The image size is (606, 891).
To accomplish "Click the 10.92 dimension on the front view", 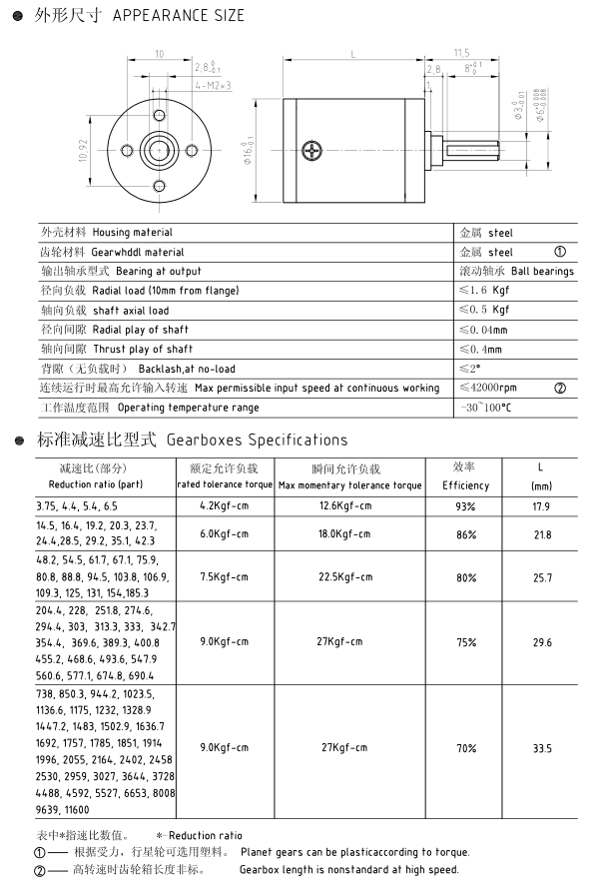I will [83, 151].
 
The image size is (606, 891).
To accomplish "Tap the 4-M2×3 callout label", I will [214, 86].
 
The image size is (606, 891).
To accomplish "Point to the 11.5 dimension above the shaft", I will [460, 53].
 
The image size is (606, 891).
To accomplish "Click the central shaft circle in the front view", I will [159, 151].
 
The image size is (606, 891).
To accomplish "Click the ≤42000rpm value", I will [488, 388].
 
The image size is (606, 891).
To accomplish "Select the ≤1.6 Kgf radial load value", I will [484, 291].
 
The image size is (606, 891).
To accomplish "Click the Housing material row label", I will [106, 232].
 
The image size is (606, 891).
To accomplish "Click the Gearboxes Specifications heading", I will [258, 440].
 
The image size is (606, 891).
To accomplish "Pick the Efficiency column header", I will [465, 485].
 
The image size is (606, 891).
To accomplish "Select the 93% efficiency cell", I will [465, 506].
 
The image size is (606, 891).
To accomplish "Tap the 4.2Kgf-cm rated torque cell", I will [223, 505].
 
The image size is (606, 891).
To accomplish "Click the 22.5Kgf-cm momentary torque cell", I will [345, 577].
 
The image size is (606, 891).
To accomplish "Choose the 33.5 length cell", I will [542, 748].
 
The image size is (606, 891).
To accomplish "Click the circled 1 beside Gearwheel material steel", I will [559, 252].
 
